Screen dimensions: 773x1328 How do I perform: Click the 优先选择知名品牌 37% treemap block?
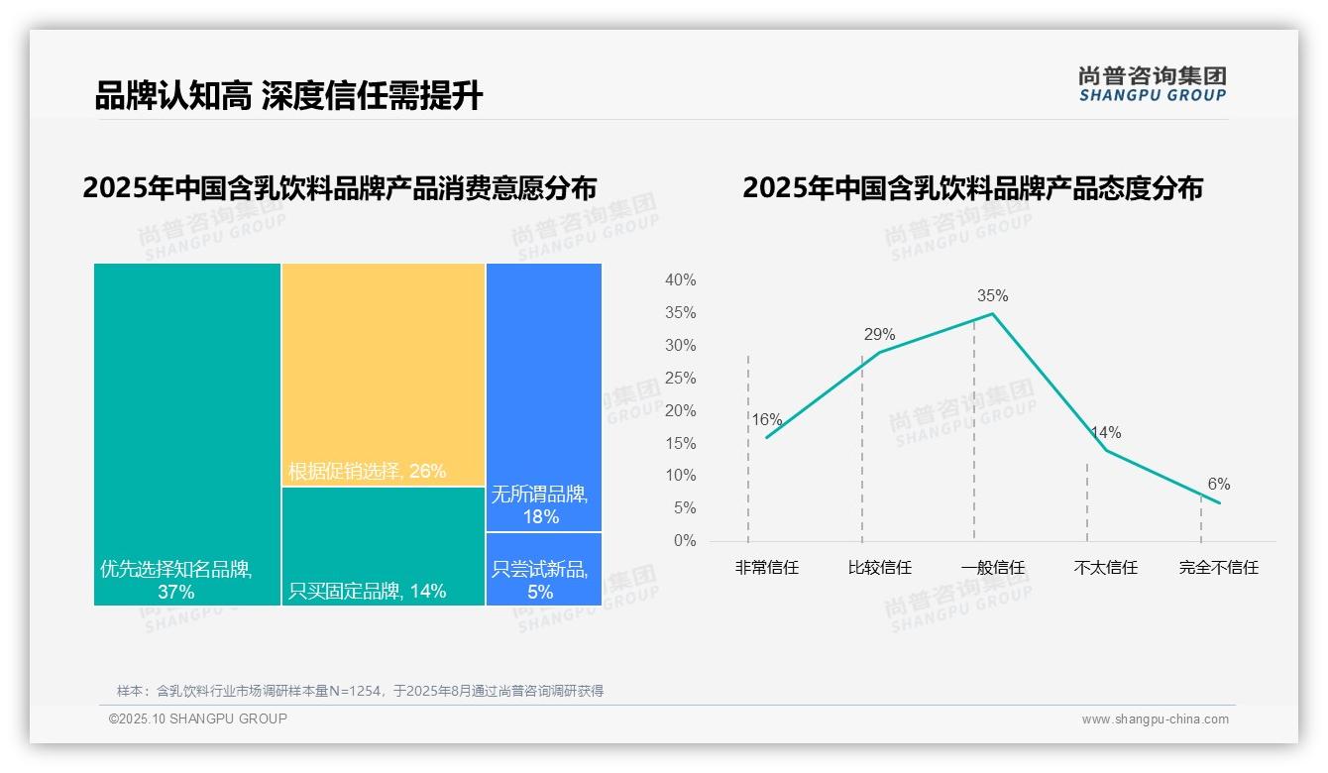coord(187,433)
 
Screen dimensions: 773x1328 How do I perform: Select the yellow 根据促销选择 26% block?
coord(384,374)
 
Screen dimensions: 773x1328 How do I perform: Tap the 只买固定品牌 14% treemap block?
coord(384,545)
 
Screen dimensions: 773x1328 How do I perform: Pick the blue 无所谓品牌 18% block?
coord(543,396)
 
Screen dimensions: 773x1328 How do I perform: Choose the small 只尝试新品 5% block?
coord(543,569)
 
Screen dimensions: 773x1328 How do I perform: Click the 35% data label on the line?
coord(992,295)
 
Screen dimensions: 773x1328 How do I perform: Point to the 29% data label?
coord(879,334)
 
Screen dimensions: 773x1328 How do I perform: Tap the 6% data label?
coord(1218,484)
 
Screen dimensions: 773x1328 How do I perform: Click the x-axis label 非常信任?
coord(766,568)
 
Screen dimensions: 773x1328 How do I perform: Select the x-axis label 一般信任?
coord(992,568)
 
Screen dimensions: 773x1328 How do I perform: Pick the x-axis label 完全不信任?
coord(1218,568)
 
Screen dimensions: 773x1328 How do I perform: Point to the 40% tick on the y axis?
coord(680,280)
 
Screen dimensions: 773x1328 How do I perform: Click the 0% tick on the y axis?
coord(684,541)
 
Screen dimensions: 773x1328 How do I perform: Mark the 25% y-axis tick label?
coord(680,379)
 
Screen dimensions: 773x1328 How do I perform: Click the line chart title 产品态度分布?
coord(972,188)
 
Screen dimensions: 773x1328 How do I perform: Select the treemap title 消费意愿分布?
coord(340,188)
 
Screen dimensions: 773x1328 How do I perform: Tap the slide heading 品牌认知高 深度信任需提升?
coord(288,96)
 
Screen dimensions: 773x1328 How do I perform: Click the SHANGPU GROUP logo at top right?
coord(1152,83)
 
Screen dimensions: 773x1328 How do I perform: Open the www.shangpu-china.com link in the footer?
coord(1155,719)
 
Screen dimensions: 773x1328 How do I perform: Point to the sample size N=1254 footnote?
coord(360,691)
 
